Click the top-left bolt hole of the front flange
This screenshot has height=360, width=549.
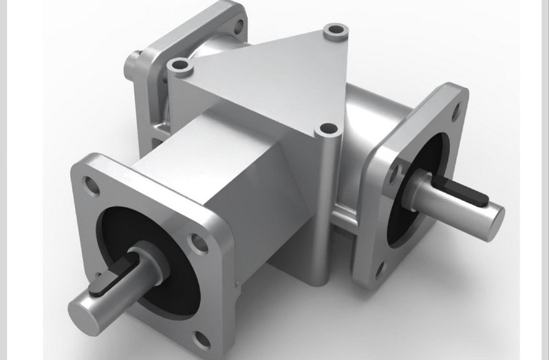tap(87, 184)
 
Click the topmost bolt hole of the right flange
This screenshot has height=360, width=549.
tap(454, 101)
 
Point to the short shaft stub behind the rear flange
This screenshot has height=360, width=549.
tap(133, 65)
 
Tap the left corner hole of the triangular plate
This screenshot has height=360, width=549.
tap(180, 66)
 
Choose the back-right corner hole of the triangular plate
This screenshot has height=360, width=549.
tap(334, 31)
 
